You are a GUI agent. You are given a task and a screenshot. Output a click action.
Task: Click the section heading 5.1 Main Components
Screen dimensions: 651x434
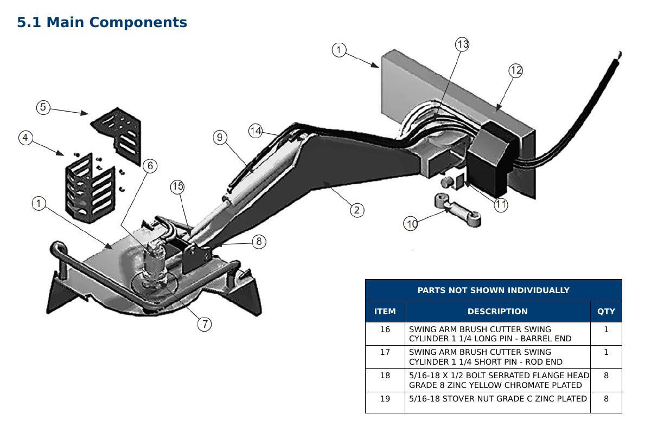[x=102, y=23]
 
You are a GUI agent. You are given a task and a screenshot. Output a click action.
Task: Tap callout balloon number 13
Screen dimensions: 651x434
[x=462, y=44]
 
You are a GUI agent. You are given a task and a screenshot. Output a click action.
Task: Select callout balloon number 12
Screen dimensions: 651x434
[x=516, y=70]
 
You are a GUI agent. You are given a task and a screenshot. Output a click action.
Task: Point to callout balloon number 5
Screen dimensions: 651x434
[x=43, y=107]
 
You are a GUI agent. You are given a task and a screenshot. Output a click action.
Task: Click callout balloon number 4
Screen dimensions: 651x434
[x=25, y=138]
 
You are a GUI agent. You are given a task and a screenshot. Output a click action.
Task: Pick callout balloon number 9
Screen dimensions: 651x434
[x=220, y=137]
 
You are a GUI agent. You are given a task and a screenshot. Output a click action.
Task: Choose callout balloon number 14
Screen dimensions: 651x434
[x=256, y=131]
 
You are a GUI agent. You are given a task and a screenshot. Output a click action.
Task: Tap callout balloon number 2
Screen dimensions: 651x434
[x=357, y=210]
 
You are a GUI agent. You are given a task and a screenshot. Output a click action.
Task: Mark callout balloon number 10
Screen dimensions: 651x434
[x=411, y=224]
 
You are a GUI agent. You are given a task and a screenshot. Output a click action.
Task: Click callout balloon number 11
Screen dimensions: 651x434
[x=501, y=205]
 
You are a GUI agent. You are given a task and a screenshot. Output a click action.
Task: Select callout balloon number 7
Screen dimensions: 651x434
[x=205, y=324]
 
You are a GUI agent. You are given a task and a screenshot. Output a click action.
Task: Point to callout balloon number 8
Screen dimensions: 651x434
[x=259, y=242]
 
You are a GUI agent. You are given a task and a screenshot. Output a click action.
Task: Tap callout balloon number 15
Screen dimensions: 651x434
[x=177, y=187]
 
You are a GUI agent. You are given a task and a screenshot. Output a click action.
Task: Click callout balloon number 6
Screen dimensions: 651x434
[x=150, y=166]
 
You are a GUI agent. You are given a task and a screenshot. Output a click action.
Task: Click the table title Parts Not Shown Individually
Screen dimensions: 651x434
[x=494, y=290]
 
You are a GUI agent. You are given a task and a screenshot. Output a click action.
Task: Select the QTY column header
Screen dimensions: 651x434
[x=606, y=312]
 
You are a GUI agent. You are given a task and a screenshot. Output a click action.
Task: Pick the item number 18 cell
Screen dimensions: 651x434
[x=385, y=380]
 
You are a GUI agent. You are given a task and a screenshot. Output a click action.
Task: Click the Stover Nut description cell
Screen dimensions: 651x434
[x=497, y=403]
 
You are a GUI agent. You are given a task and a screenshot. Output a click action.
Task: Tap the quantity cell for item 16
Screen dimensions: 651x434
[x=606, y=334]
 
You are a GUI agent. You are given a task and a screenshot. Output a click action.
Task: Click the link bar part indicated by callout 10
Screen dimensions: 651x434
[x=458, y=210]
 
